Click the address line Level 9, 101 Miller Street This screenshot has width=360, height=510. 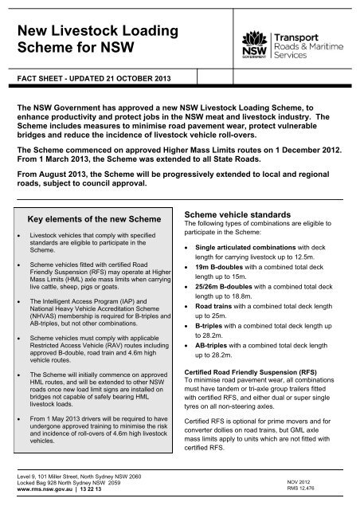pos(72,477)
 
